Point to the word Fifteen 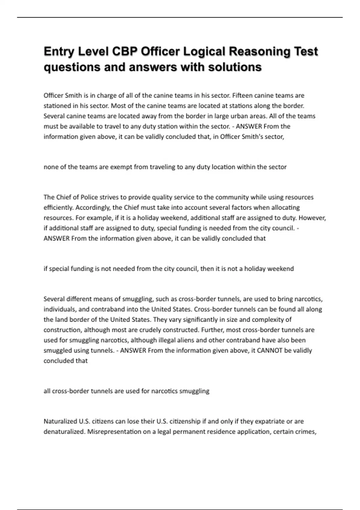[x=242, y=95]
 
